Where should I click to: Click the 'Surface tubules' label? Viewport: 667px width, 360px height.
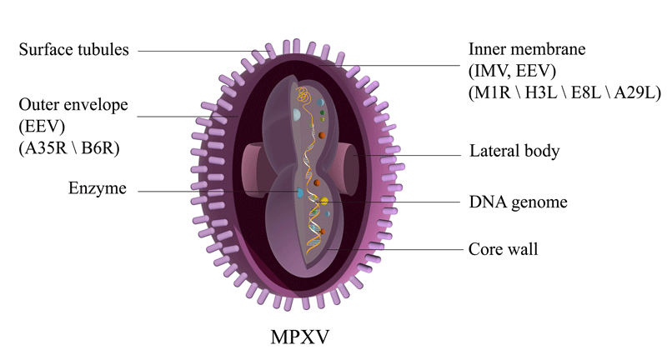[x=74, y=50]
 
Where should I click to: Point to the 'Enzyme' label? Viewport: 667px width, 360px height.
[x=98, y=189]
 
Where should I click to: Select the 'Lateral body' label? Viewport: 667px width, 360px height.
[x=514, y=152]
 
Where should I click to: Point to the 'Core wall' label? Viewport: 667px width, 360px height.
[x=503, y=249]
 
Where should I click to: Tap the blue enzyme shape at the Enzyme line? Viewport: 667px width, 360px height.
[x=299, y=193]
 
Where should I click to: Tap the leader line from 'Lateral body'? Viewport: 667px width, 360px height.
[x=409, y=154]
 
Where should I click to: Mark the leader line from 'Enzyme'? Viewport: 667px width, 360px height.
[x=217, y=192]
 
